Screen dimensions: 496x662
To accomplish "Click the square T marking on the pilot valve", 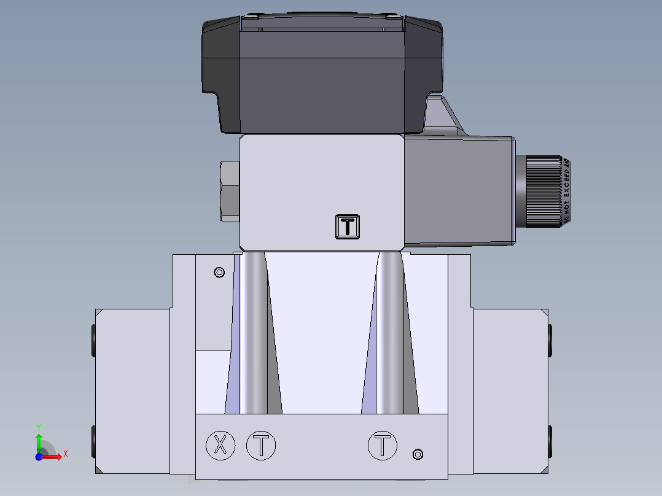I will pos(348,226).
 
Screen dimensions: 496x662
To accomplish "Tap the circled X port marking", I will pos(220,445).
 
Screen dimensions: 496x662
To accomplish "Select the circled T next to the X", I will pos(261,445).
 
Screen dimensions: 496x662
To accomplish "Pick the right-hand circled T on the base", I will pos(383,445).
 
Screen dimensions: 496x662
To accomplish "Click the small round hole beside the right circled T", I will pos(418,454).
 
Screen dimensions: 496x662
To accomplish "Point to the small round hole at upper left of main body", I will pos(218,272).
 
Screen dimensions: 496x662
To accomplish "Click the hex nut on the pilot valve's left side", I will pos(229,191).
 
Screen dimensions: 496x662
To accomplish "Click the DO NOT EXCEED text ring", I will pos(567,191).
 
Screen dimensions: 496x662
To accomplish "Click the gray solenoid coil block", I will pos(459,192).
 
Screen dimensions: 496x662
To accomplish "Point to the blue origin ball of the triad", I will pos(39,457).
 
